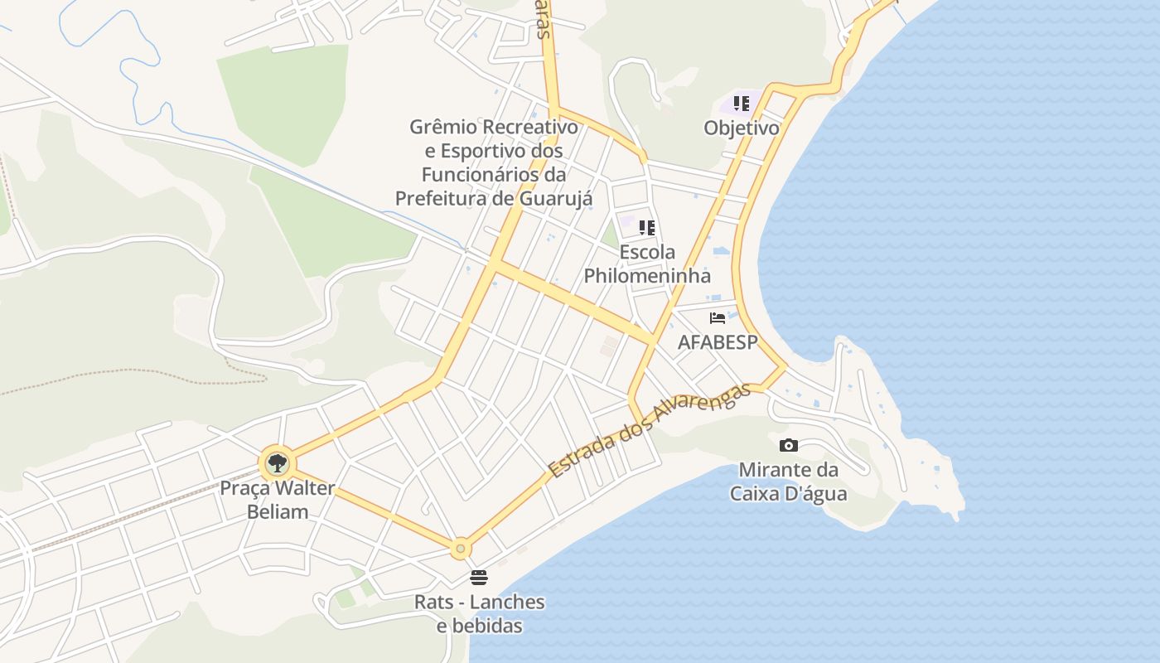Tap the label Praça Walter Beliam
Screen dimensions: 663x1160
click(278, 500)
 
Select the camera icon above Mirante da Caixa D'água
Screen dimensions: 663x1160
click(789, 445)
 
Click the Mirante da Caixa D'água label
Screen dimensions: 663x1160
click(788, 482)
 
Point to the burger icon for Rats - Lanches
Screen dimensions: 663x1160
click(479, 577)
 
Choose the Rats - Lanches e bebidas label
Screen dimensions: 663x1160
click(480, 613)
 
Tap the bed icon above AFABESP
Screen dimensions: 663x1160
click(718, 318)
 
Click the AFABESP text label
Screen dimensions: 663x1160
click(718, 342)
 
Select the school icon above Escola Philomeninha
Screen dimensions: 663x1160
click(647, 228)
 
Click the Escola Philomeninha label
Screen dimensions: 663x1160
click(647, 264)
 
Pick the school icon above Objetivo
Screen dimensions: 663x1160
click(742, 104)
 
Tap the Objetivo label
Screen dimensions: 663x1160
click(742, 128)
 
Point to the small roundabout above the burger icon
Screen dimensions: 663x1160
click(461, 549)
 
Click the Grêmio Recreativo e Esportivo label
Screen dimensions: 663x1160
click(493, 162)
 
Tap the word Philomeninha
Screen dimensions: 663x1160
click(647, 276)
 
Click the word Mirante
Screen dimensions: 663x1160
click(777, 470)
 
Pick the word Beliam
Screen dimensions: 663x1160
click(278, 511)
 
